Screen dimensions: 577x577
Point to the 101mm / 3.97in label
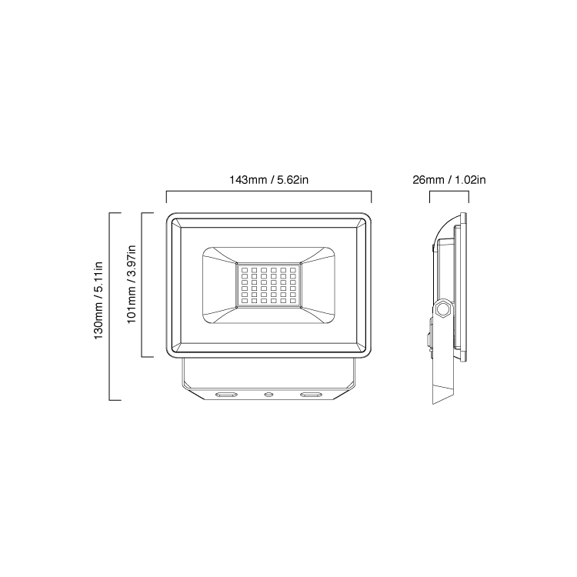tap(132, 285)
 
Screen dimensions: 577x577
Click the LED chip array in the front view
tap(268, 285)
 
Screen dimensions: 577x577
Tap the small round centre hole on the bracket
tap(268, 394)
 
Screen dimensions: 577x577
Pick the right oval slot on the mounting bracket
tap(312, 395)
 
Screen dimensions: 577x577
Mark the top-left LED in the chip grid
tap(242, 271)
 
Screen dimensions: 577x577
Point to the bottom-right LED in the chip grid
tap(295, 299)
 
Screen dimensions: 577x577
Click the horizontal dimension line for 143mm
tap(268, 192)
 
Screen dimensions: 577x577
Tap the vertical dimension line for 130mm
tap(112, 306)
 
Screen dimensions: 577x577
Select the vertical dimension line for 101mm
tap(142, 285)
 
